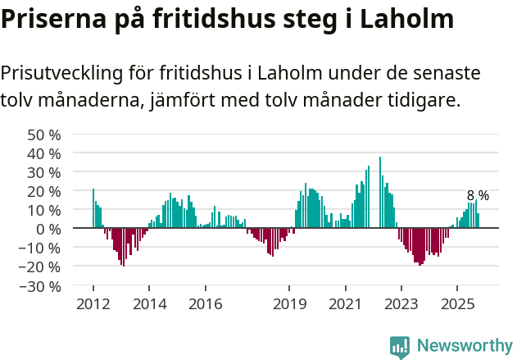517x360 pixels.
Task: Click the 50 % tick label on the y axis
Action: point(44,134)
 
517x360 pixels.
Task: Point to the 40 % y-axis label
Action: point(44,153)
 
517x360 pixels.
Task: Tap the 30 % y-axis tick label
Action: point(44,172)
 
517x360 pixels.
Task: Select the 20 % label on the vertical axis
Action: point(44,191)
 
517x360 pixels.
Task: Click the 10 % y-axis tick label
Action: point(44,210)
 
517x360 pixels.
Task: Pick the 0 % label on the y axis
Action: point(48,229)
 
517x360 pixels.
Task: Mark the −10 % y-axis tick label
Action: point(41,248)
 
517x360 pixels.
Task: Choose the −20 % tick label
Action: point(41,267)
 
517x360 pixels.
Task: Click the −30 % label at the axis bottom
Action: point(41,286)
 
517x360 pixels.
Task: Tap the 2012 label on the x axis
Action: point(93,303)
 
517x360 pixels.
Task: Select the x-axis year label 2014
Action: point(148,303)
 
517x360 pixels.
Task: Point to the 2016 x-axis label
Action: point(205,303)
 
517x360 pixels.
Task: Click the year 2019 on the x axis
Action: point(288,303)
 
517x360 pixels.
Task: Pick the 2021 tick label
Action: point(345,303)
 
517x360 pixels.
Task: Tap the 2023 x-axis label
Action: point(401,303)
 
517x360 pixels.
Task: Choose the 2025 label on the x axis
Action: point(456,303)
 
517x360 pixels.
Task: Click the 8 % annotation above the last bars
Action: point(478,195)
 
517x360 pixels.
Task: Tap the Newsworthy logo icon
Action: point(400,347)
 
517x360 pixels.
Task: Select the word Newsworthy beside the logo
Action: point(464,347)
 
